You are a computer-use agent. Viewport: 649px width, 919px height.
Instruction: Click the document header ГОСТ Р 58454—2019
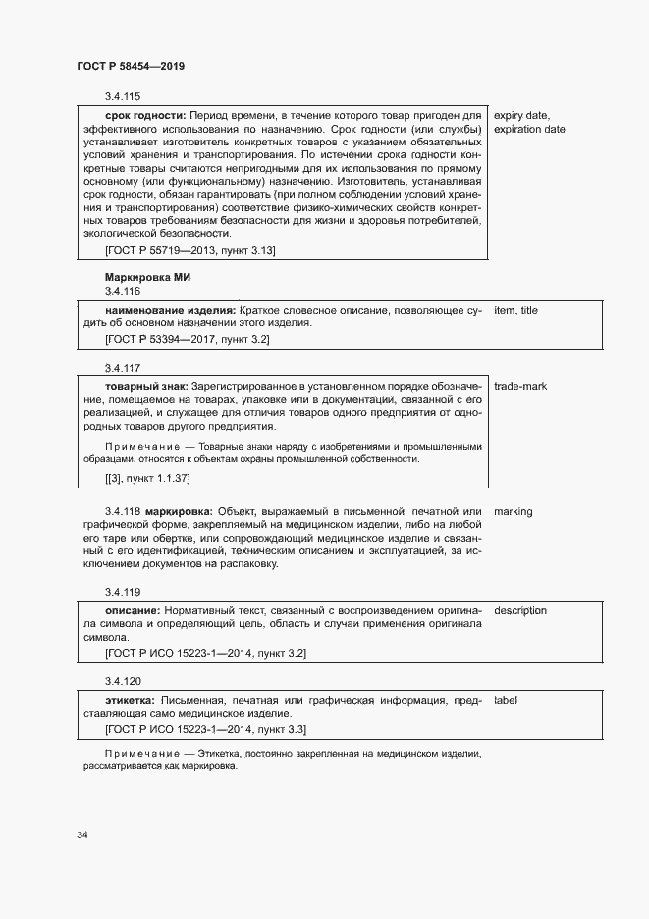(131, 66)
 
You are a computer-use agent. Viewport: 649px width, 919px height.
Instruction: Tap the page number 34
(82, 834)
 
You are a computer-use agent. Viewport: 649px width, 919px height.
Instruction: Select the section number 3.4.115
(123, 96)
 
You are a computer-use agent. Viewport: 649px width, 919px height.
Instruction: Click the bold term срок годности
(144, 115)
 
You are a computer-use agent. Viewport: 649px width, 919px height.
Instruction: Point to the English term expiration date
(529, 129)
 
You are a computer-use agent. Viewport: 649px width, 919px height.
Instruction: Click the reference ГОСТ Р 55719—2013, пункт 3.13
(189, 251)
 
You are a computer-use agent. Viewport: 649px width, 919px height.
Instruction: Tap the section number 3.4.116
(123, 292)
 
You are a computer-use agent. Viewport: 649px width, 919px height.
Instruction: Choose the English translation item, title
(515, 311)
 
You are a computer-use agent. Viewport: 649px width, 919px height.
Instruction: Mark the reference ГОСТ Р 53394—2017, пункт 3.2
(187, 339)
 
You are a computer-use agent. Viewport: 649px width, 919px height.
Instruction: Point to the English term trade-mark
(520, 386)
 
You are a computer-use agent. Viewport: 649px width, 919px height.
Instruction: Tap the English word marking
(514, 512)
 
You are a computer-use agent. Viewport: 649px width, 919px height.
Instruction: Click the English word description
(520, 610)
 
